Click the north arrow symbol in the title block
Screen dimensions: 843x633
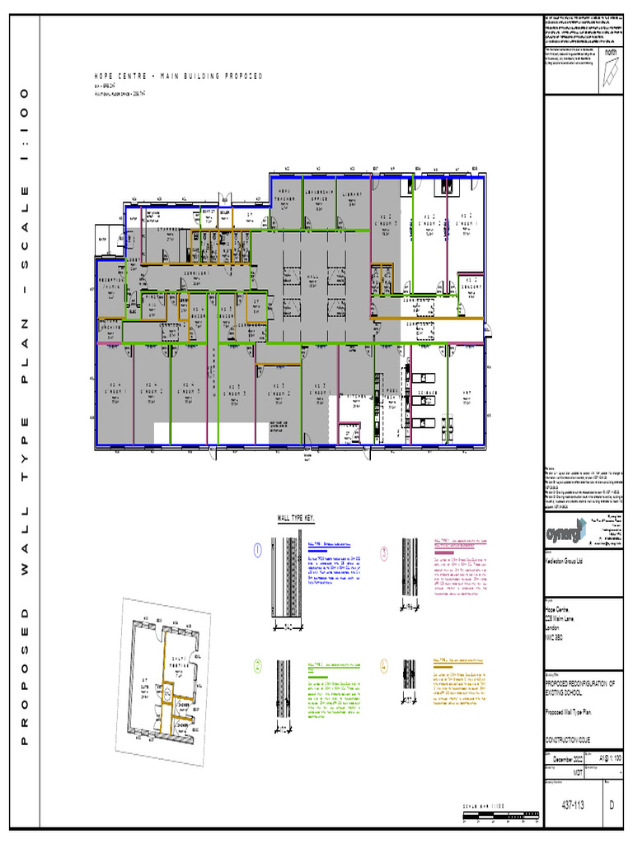click(x=611, y=70)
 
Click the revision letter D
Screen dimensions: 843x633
click(x=612, y=806)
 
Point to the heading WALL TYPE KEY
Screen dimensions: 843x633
click(x=295, y=518)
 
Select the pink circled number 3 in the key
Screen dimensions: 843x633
click(x=384, y=552)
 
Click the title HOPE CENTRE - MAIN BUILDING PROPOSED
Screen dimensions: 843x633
click(x=179, y=77)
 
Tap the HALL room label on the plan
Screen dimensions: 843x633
click(x=312, y=277)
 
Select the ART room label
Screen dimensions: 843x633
click(x=467, y=392)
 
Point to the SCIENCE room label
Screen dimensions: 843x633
click(x=425, y=394)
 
